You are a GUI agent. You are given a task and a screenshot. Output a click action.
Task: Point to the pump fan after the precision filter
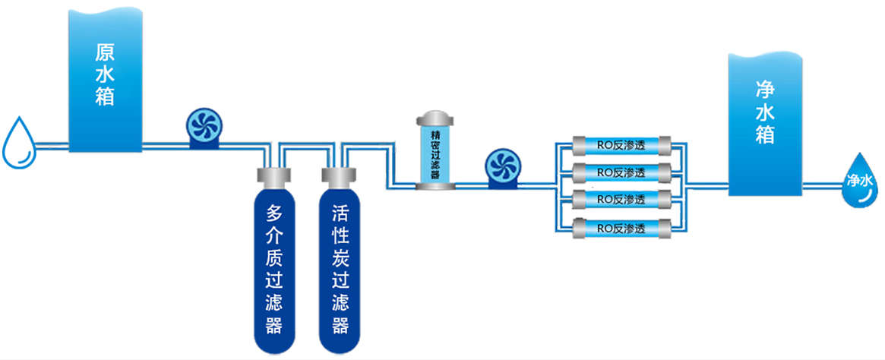pos(502,167)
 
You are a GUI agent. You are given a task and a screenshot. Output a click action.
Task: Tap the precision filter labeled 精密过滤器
pos(435,152)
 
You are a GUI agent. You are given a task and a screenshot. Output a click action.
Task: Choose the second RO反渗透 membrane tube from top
pos(621,172)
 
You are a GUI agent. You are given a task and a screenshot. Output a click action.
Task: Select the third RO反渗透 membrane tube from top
pos(621,199)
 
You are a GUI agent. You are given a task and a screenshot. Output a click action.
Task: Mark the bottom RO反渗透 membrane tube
pos(621,227)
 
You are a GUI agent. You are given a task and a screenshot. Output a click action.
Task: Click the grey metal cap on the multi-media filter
pos(274,177)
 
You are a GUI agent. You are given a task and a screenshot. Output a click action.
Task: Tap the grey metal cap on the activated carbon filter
pos(339,177)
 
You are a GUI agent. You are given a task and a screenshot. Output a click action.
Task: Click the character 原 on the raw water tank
pos(105,53)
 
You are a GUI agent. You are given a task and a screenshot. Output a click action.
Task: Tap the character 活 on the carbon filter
pos(340,213)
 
